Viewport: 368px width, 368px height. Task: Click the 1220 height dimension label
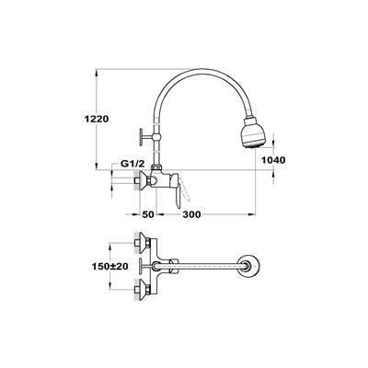[97, 119]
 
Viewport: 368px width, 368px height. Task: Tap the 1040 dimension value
[273, 160]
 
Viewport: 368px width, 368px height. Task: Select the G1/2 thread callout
[132, 164]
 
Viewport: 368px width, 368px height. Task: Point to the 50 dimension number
[148, 214]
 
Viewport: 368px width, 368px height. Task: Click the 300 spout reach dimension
[192, 214]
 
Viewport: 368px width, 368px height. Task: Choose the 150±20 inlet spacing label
[110, 266]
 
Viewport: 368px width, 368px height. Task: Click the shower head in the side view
[253, 133]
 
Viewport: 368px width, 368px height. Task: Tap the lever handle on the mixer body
[178, 191]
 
